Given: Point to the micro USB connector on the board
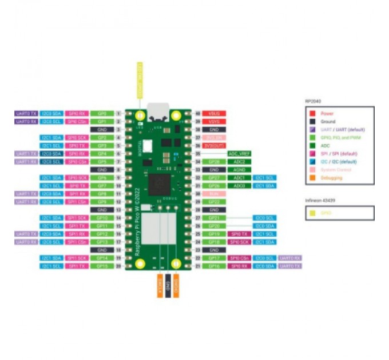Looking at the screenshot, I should point(158,110).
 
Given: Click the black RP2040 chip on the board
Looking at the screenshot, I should point(159,184).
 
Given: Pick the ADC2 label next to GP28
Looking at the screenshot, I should point(239,162).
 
